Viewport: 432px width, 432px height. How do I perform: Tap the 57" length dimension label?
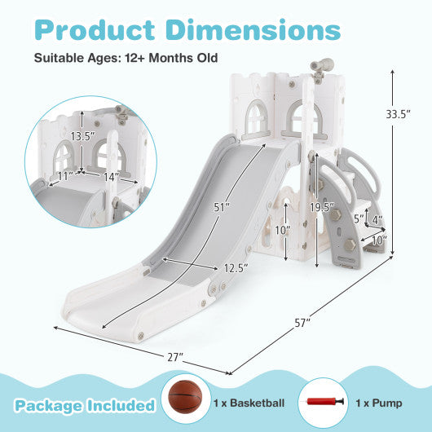pos(302,323)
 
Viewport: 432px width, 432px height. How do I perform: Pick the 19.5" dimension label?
pos(320,208)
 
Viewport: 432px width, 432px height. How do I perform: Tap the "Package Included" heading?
pos(84,404)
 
